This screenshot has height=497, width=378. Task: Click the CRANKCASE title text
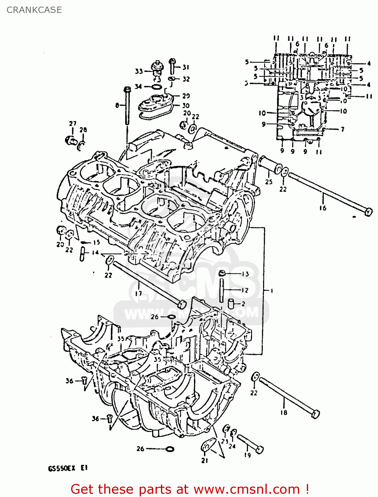click(34, 10)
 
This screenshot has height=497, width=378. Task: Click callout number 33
click(139, 71)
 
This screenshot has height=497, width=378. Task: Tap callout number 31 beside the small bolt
click(186, 67)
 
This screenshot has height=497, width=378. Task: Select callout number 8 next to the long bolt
click(117, 105)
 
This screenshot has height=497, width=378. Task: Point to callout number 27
click(72, 124)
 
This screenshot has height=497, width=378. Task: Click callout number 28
click(83, 130)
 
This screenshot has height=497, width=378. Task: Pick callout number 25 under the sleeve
click(269, 182)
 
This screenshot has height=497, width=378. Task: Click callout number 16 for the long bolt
click(323, 208)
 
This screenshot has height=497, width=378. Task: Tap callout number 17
click(138, 293)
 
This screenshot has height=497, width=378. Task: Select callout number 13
click(245, 274)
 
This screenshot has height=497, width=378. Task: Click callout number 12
click(245, 290)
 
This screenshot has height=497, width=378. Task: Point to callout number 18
click(284, 413)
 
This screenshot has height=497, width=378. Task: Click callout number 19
click(248, 455)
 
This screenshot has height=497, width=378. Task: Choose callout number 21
click(205, 460)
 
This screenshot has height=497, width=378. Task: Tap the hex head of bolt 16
click(368, 212)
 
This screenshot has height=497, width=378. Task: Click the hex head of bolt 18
click(315, 414)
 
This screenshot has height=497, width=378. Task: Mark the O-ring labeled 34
click(157, 87)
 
